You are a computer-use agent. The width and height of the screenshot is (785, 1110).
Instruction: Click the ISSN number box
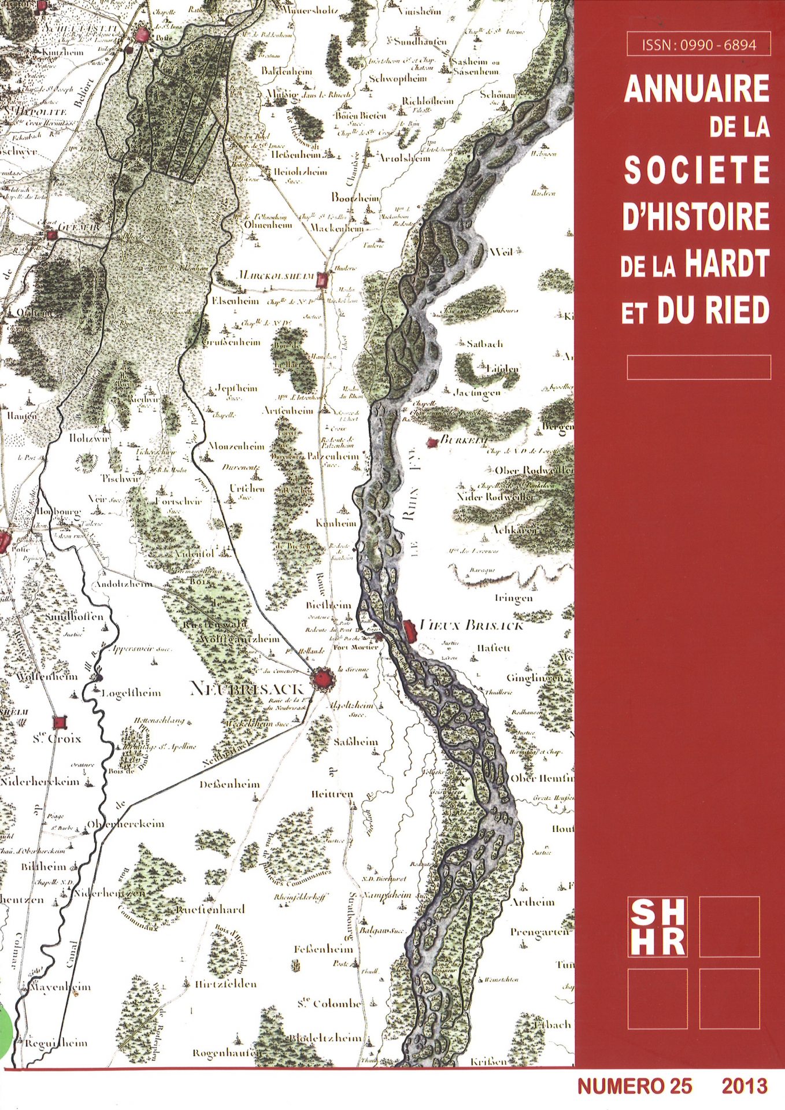click(x=698, y=45)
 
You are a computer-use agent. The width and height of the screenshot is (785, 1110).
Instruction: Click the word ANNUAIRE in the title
click(x=697, y=91)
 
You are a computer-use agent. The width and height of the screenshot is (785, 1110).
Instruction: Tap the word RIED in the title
click(x=741, y=310)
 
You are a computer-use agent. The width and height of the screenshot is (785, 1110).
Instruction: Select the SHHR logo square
click(x=657, y=926)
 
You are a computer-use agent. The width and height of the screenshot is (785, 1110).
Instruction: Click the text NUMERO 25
click(x=634, y=1086)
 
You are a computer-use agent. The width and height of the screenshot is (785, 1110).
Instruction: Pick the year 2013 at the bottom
click(x=745, y=1086)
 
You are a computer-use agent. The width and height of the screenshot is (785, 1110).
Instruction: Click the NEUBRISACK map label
click(x=247, y=689)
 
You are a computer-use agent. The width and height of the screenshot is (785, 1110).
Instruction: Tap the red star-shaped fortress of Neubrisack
click(x=321, y=680)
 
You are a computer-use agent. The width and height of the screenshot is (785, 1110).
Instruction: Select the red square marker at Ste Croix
click(x=59, y=722)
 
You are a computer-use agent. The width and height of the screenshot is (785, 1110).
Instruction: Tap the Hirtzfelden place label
click(x=225, y=984)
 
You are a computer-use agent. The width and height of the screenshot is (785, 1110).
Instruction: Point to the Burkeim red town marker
click(x=430, y=443)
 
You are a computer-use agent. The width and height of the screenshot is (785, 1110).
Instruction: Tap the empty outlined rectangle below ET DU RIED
click(x=698, y=367)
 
